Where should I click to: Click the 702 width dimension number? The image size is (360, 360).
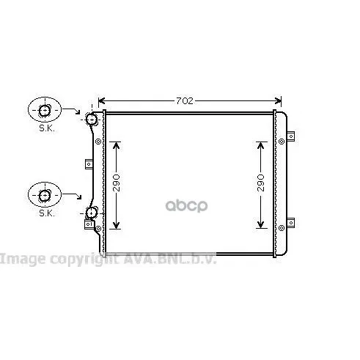click(x=185, y=100)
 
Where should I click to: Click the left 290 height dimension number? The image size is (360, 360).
click(x=117, y=183)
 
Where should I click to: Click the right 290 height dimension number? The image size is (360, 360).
click(x=261, y=183)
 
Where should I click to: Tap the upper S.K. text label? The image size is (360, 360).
click(x=47, y=128)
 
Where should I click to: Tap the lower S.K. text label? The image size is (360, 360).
click(x=47, y=213)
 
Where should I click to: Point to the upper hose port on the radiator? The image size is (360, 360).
click(x=92, y=119)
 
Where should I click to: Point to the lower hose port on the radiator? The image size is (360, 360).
click(x=92, y=213)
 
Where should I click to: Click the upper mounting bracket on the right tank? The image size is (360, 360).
click(x=290, y=136)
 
